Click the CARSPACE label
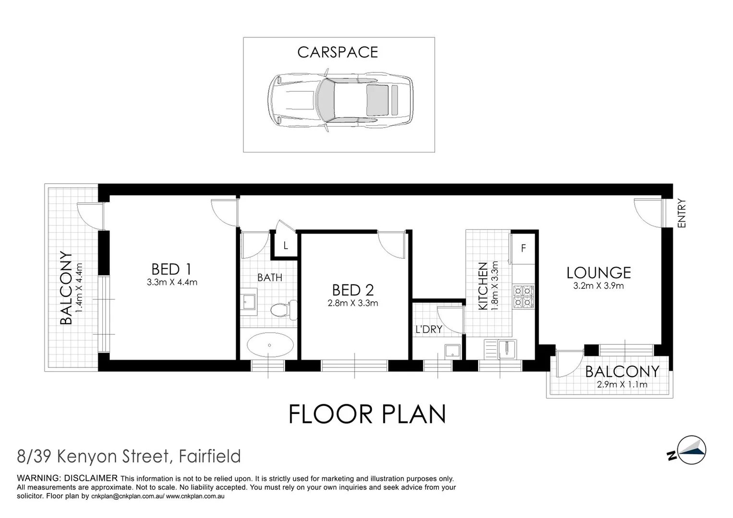(x=337, y=52)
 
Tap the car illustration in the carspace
(x=339, y=100)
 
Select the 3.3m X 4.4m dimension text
(x=172, y=283)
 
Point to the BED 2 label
(x=353, y=290)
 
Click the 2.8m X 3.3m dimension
(x=353, y=303)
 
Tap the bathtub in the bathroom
(x=270, y=345)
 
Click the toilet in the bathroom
(x=283, y=310)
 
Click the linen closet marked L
(x=285, y=246)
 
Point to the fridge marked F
(x=523, y=248)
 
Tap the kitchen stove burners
(x=523, y=296)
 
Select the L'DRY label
(x=429, y=330)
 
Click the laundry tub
(x=452, y=351)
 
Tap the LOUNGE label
(x=598, y=272)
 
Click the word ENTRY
(x=682, y=213)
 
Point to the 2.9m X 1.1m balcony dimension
(x=622, y=384)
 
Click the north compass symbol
(x=689, y=451)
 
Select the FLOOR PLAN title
(x=367, y=414)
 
